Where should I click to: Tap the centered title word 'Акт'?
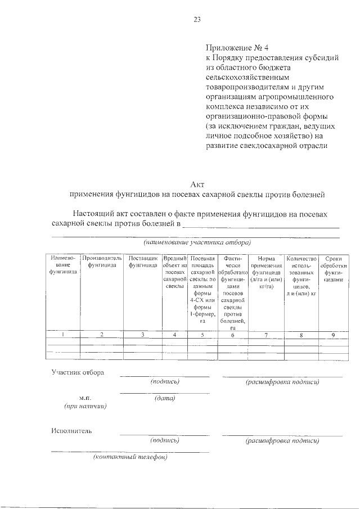click(x=197, y=184)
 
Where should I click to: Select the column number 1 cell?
click(x=63, y=335)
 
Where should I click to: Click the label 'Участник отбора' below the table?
click(x=77, y=372)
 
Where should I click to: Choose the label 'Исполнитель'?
click(x=71, y=431)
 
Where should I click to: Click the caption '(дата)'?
click(x=165, y=399)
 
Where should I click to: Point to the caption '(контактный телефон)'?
click(x=130, y=457)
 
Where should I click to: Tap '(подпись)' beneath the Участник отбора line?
click(x=165, y=382)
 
